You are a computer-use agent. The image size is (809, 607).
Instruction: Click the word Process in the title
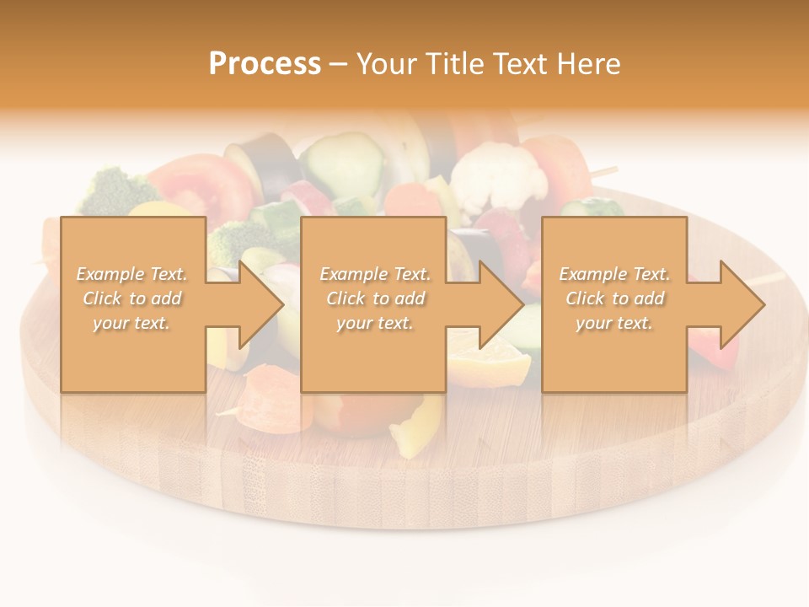coord(265,64)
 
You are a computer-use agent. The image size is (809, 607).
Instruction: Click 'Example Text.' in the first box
coord(132,274)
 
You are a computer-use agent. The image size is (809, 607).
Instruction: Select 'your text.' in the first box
coord(132,323)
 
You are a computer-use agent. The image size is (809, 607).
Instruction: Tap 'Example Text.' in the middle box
coord(375,274)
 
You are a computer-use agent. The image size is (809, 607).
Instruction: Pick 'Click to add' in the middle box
coord(375,298)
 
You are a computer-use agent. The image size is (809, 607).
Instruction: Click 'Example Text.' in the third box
coord(614,274)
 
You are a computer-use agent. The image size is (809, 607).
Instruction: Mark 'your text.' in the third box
coord(614,323)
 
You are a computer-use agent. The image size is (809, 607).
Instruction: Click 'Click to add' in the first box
coord(132,298)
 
